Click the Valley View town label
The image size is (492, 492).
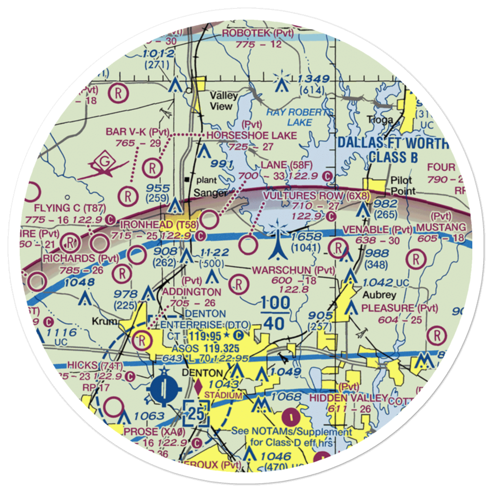click(x=223, y=101)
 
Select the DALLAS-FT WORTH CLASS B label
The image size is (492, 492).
click(x=393, y=150)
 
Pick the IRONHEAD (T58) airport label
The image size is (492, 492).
click(x=156, y=225)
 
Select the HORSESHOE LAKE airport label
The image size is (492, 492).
click(x=252, y=135)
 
